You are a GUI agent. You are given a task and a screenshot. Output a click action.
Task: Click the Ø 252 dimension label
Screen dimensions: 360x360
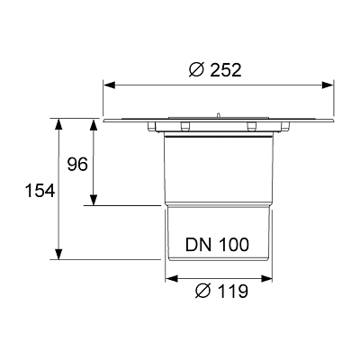click(215, 70)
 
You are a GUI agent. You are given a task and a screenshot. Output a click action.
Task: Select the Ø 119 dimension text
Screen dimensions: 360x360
click(221, 291)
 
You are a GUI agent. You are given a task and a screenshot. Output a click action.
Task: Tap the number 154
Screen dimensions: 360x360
click(40, 191)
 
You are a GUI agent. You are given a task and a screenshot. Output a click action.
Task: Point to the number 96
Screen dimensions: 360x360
click(77, 165)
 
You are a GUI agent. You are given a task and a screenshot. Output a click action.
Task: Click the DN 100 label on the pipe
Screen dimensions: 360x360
click(217, 245)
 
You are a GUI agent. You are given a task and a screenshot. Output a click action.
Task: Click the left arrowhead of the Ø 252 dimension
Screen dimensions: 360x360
click(109, 85)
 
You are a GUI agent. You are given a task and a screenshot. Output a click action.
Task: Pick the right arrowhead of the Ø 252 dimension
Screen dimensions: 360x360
click(328, 85)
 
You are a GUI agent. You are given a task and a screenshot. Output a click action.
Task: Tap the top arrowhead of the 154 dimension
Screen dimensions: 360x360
click(59, 124)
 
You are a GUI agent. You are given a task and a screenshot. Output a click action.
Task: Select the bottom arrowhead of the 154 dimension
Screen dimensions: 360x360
click(59, 254)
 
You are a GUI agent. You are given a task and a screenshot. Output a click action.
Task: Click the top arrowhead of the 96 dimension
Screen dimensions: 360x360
click(94, 125)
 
